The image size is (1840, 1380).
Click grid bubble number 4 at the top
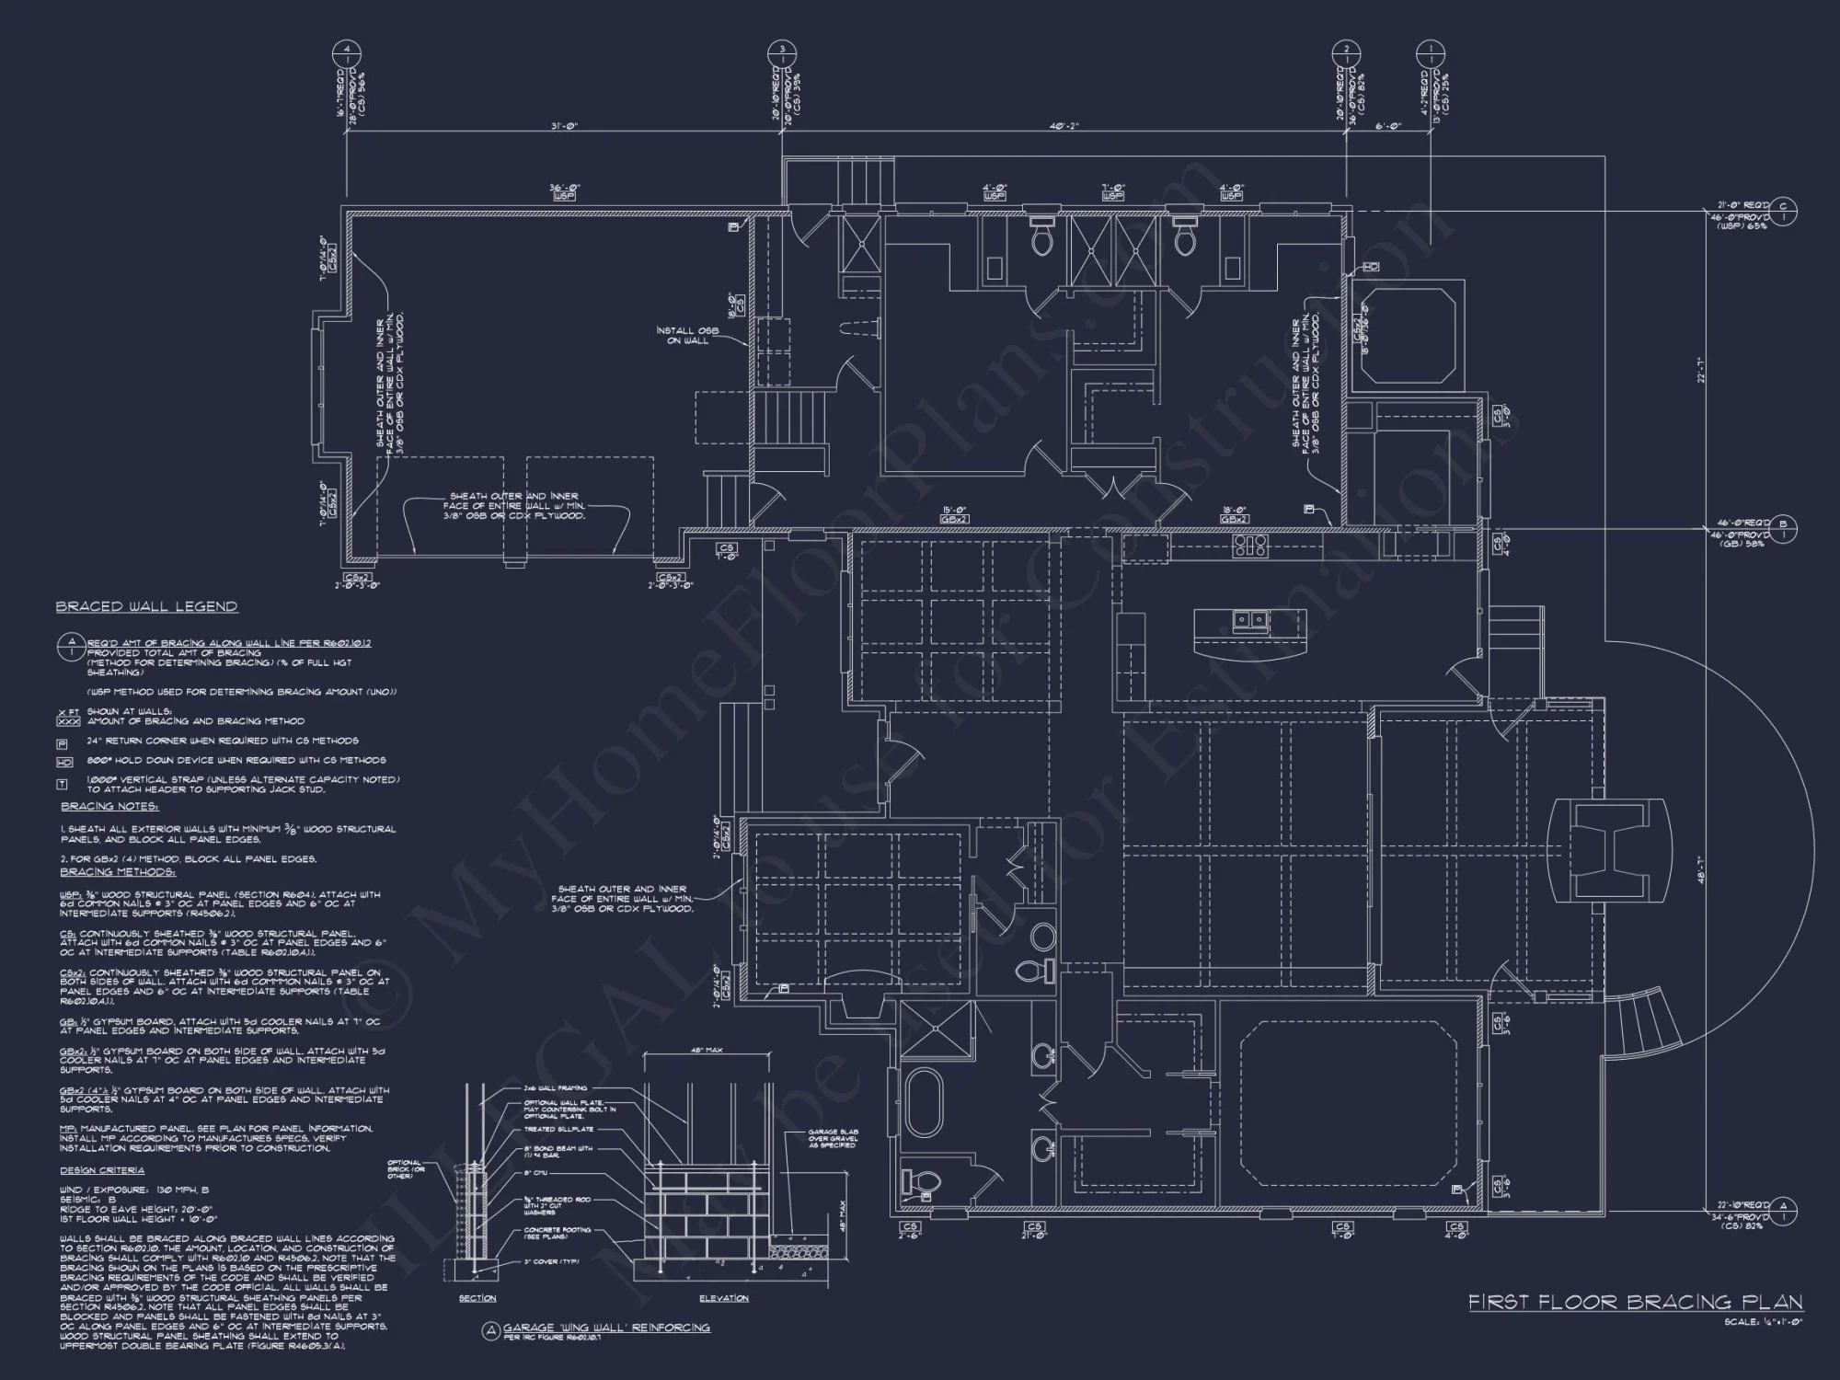[x=346, y=49]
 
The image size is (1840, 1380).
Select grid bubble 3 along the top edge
[x=781, y=49]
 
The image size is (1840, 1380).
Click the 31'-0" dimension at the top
[x=563, y=126]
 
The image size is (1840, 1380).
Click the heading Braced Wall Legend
[x=146, y=607]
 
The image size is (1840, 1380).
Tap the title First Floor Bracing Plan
[x=1635, y=1302]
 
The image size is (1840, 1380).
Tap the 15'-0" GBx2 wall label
[x=951, y=514]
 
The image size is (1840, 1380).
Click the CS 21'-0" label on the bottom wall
[x=1035, y=1230]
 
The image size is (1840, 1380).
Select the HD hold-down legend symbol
[x=63, y=762]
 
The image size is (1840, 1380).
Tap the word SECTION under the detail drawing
[x=477, y=1298]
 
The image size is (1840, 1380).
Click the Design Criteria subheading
[x=102, y=1171]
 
